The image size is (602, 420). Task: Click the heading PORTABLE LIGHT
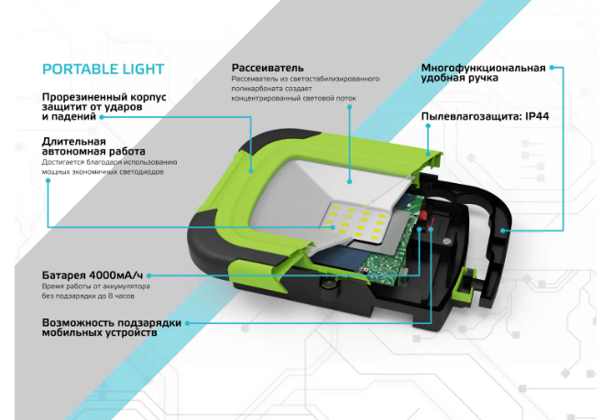coord(104,69)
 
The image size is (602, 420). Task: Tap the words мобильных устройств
coord(99,334)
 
